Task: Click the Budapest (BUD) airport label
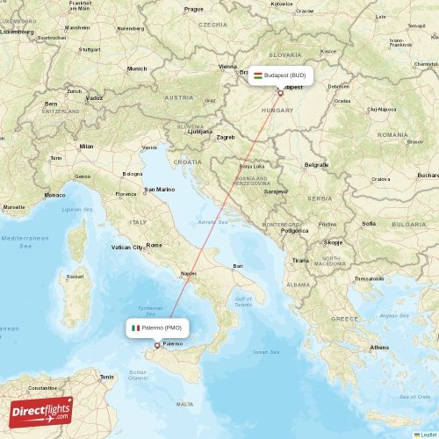(x=280, y=76)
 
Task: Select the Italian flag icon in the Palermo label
(x=135, y=327)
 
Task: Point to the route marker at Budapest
(x=280, y=91)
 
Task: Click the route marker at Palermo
(x=157, y=344)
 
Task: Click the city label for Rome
(x=155, y=245)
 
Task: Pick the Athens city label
(x=379, y=348)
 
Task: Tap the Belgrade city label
(x=316, y=164)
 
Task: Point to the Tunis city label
(x=106, y=377)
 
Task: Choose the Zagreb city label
(x=226, y=137)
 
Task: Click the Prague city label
(x=193, y=9)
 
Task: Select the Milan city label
(x=86, y=146)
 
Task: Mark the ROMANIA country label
(x=392, y=134)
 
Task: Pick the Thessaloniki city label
(x=369, y=278)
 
